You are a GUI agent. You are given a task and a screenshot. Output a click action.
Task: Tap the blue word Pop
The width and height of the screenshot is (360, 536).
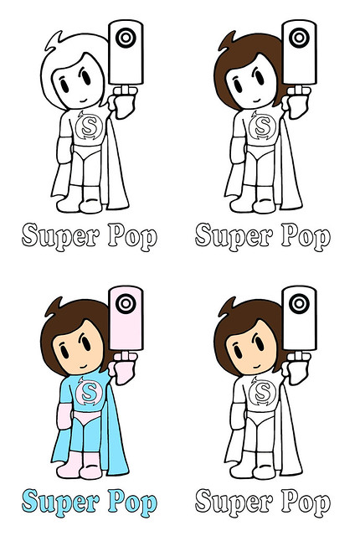pos(132,503)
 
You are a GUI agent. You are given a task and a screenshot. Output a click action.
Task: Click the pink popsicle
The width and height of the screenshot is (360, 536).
pos(126,318)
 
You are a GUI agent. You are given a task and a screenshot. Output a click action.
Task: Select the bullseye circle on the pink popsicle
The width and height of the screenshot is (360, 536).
pos(126,303)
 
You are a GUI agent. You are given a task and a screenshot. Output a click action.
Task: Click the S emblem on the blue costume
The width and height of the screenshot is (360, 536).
pos(89,392)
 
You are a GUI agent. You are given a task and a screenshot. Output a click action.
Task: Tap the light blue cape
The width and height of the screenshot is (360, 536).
pos(116,441)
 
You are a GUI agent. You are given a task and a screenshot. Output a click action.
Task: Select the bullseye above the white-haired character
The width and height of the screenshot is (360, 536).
pos(126,37)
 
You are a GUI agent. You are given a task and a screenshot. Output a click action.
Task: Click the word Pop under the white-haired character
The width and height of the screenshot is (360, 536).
pos(132,237)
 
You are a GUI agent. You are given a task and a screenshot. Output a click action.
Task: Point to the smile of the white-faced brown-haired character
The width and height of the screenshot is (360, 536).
pos(257,101)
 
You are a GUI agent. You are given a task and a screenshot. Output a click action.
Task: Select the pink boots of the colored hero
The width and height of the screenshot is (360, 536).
pos(80,466)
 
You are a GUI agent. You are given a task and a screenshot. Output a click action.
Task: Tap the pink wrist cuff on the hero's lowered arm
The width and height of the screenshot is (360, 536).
pos(64,416)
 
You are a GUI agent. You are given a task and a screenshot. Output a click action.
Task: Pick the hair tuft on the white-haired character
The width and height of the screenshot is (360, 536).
pos(54,40)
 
